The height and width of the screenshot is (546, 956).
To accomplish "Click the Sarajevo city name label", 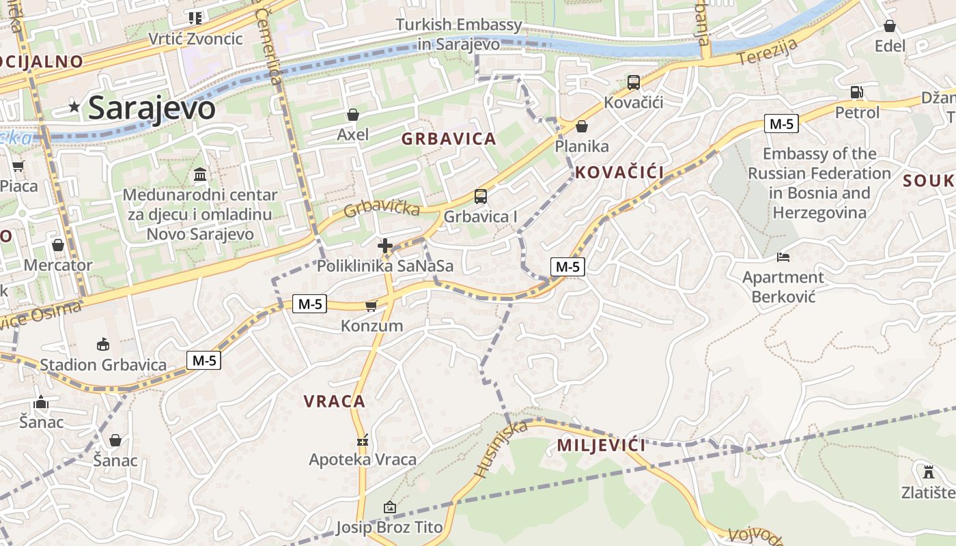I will tap(152, 108).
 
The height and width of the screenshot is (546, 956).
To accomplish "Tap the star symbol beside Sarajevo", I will tap(74, 106).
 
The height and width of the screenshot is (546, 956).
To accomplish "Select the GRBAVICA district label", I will tap(449, 139).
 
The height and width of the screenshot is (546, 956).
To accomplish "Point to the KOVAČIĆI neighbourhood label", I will tap(619, 173).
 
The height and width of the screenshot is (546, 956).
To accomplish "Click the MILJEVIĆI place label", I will tap(601, 446).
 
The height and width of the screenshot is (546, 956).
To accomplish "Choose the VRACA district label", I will tap(335, 401).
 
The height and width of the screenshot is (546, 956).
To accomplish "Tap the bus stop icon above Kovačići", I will tap(634, 83).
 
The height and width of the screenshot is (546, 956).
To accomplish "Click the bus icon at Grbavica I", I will tap(481, 197).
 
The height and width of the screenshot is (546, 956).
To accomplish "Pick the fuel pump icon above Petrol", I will tap(857, 92).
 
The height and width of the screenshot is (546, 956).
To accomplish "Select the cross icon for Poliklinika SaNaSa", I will tap(385, 246).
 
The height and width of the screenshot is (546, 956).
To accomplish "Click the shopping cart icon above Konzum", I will tap(371, 306).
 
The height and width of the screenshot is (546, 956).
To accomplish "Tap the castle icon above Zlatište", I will tap(929, 472).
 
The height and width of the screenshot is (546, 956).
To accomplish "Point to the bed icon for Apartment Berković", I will tap(783, 257).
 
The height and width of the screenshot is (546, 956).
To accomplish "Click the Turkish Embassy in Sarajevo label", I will tap(459, 34).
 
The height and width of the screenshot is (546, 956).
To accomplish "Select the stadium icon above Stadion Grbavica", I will tap(103, 345).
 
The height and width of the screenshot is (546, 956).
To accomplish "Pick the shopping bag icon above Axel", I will tap(353, 114).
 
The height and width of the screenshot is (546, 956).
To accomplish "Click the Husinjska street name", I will tap(501, 449).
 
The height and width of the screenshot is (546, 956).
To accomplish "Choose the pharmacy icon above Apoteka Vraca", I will tap(362, 440).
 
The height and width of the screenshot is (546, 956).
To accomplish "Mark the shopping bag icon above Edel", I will tap(890, 26).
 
